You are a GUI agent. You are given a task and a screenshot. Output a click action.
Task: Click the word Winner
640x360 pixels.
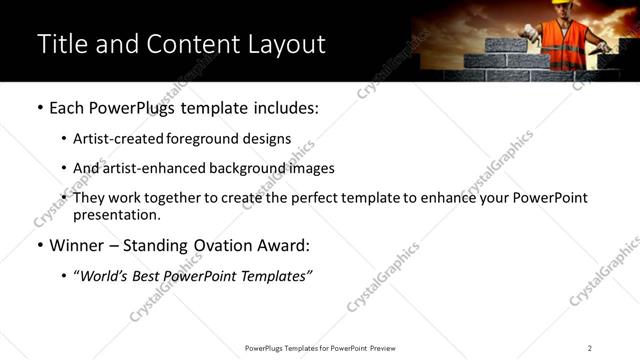tap(78, 244)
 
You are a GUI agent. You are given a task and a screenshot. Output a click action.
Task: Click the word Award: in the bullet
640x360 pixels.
tap(284, 244)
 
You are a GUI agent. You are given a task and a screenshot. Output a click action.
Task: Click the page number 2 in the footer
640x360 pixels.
tap(589, 348)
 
